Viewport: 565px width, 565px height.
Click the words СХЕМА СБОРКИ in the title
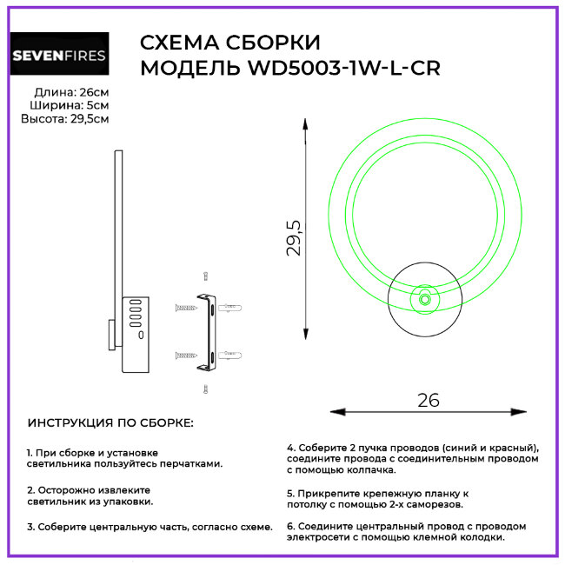tap(229, 43)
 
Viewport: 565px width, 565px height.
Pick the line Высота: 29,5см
tap(65, 119)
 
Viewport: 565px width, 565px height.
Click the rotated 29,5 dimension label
tap(295, 237)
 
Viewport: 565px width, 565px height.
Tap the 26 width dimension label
tap(429, 400)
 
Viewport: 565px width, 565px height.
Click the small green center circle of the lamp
tap(425, 299)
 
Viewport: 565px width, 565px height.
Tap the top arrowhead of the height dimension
tap(306, 131)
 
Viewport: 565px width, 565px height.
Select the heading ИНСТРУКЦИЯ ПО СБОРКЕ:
tap(111, 423)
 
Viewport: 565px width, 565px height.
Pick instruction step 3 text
tap(150, 527)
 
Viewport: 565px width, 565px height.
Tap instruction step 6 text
tap(406, 531)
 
